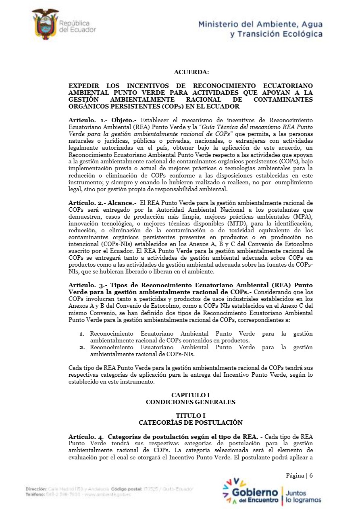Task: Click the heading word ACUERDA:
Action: (191, 72)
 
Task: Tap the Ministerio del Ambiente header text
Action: (260, 29)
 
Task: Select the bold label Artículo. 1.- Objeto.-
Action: (103, 120)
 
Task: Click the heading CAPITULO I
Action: (191, 395)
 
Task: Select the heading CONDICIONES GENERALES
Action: (191, 402)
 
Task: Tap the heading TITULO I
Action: (191, 416)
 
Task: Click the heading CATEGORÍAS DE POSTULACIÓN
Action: (191, 422)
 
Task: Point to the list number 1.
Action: (81, 334)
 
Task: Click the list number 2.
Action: (81, 347)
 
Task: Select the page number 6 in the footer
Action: (311, 476)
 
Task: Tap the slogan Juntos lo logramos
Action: (303, 496)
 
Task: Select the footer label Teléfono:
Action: (35, 494)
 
